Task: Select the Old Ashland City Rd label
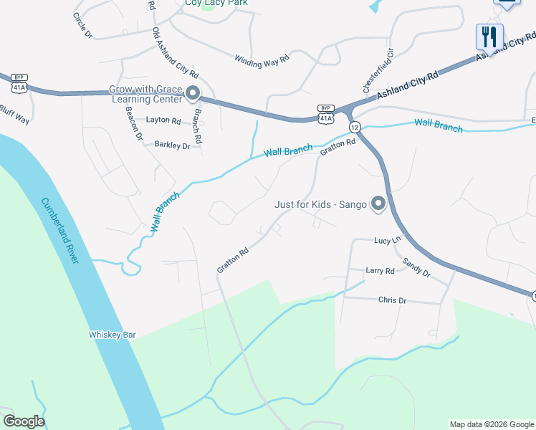point(175,52)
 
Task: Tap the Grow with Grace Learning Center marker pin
point(191,94)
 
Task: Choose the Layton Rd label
point(163,120)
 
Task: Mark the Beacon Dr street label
point(133,123)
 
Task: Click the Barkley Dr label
point(173,145)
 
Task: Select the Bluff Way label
point(14,114)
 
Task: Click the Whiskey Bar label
point(112,334)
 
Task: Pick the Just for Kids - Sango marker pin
point(378,205)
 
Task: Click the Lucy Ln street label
point(386,241)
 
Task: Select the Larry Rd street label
point(380,271)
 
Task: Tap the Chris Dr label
point(392,300)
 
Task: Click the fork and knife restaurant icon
point(489,36)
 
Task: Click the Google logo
point(24,421)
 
